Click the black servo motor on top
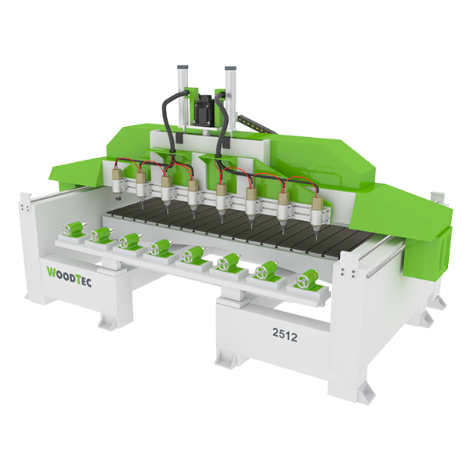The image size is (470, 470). pos(204,110)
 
